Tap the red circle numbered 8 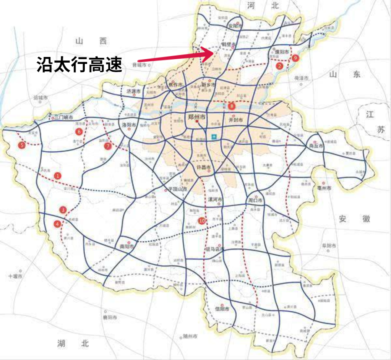point(232,105)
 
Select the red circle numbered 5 point(22,145)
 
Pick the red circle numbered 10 point(201,221)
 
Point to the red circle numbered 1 point(57,176)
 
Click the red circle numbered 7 point(108,146)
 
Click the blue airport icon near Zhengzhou point(213,137)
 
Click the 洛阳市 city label point(129,124)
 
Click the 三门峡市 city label point(63,117)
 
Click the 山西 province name point(90,41)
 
